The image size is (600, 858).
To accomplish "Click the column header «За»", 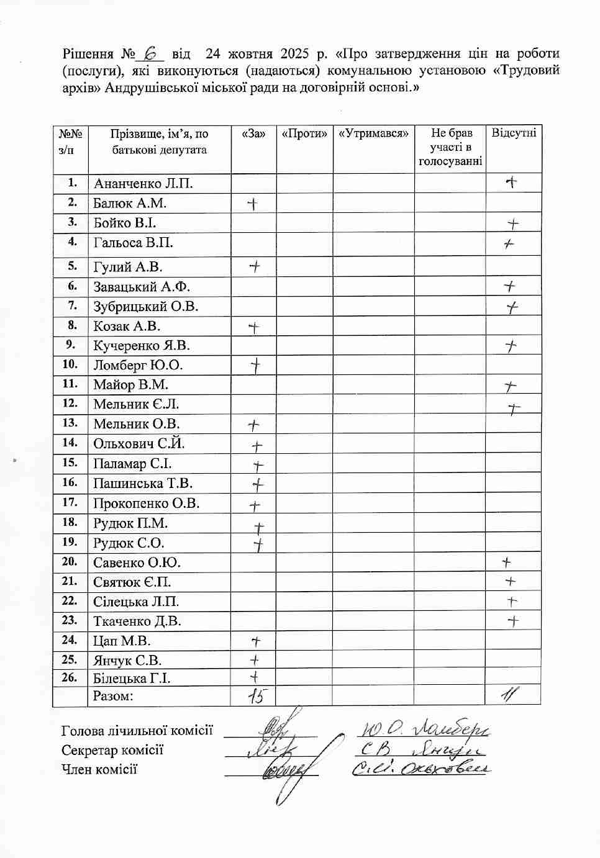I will (253, 133).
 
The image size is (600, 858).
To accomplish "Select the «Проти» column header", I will (304, 133).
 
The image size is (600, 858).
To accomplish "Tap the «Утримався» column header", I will (373, 133).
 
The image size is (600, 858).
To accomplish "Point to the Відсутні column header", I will (513, 133).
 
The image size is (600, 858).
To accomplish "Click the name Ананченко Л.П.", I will (143, 184).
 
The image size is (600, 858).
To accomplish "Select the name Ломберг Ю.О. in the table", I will (138, 365).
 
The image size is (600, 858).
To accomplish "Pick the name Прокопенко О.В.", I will (147, 504).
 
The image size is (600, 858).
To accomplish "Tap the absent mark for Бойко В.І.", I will (513, 224).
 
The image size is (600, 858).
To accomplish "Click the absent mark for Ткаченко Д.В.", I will (513, 621).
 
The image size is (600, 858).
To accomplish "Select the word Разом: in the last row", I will (114, 696).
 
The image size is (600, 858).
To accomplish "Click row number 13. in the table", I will (70, 423).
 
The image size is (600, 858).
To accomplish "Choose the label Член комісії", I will (99, 770).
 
